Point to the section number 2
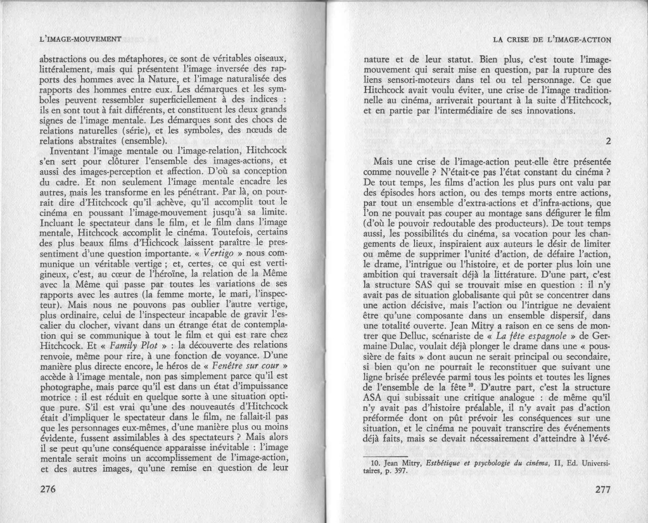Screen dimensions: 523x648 point(607,141)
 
